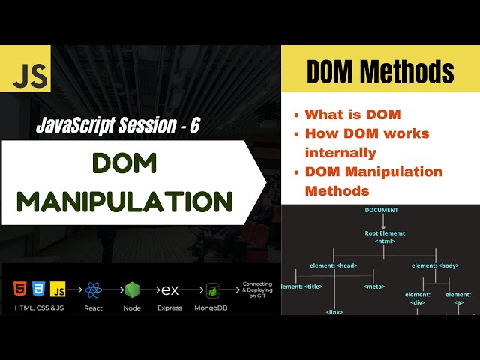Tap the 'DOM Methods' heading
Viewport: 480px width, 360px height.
pos(381,72)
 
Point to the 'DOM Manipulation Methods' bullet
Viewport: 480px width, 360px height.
pos(373,181)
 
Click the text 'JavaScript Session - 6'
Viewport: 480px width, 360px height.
pos(118,126)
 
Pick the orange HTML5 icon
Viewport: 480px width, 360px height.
pos(19,289)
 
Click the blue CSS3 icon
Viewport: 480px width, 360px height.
pos(40,289)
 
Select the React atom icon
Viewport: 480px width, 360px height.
pos(94,289)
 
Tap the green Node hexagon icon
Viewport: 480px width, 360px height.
pos(132,289)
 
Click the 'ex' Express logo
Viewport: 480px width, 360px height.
pos(170,289)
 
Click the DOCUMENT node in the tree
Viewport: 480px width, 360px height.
pos(382,210)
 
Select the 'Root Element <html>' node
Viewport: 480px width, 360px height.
pos(383,238)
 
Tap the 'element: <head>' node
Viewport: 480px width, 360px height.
pos(333,265)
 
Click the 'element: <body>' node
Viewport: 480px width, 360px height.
pos(436,265)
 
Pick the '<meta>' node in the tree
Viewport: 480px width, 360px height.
pos(374,286)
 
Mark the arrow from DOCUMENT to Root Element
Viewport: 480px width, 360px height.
pos(382,222)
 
